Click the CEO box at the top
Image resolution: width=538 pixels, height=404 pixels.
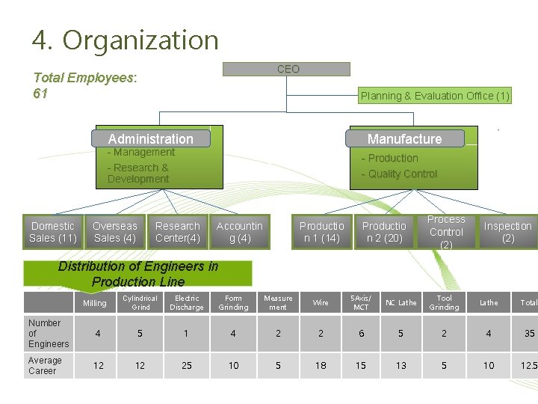288,69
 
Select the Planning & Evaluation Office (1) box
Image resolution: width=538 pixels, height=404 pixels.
434,96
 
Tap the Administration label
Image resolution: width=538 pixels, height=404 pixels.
150,138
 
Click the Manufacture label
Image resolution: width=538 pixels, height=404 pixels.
404,138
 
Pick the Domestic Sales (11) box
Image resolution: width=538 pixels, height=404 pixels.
52,232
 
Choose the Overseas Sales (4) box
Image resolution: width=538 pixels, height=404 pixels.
114,232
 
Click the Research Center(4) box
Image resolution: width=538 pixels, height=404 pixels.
177,232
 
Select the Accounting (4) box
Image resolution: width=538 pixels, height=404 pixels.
239,232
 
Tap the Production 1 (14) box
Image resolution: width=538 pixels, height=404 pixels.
321,232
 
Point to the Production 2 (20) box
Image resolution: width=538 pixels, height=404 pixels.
383,232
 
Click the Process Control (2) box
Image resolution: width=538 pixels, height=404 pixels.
446,232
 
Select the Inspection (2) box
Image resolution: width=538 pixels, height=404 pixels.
507,232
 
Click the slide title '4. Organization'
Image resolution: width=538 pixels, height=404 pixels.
126,40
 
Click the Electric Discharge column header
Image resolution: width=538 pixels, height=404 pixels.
187,302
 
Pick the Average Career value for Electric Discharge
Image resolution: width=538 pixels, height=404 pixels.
187,365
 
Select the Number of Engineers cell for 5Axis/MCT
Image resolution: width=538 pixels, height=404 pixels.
361,334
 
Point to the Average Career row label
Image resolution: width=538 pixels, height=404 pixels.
46,365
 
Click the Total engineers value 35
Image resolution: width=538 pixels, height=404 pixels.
528,334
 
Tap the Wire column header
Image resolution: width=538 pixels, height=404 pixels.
321,302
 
